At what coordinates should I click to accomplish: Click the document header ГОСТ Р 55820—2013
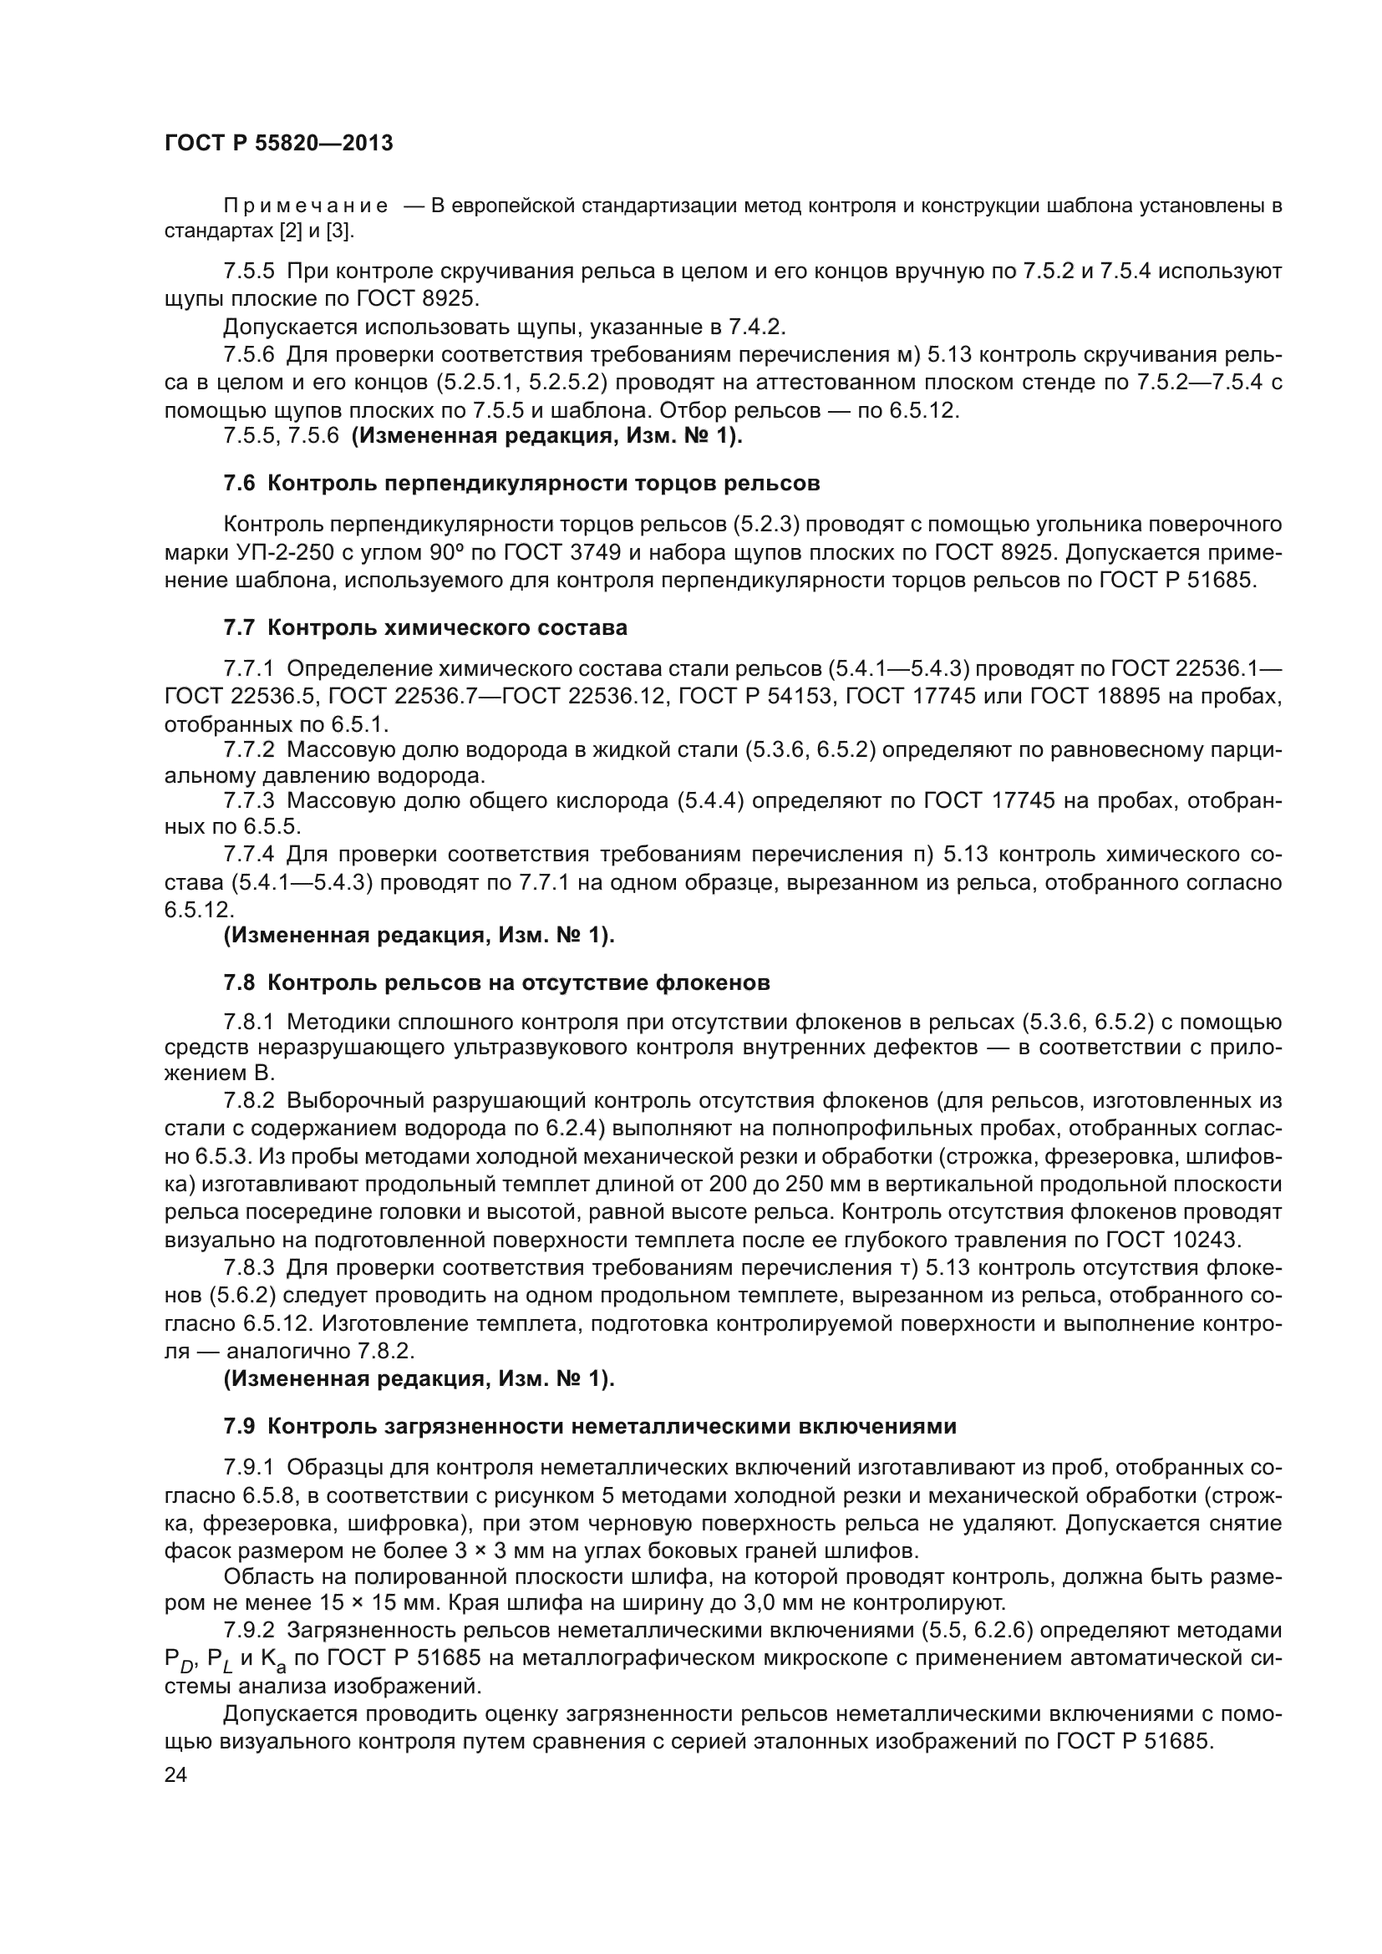(x=278, y=143)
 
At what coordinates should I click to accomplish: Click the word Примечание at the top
(x=306, y=206)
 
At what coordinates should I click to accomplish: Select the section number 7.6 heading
(x=239, y=484)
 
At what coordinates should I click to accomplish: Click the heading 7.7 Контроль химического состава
(x=425, y=627)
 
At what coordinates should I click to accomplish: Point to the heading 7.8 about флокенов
(x=496, y=982)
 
